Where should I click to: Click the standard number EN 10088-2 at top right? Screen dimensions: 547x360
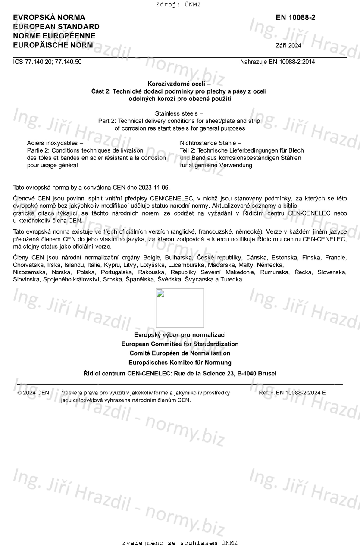(x=295, y=18)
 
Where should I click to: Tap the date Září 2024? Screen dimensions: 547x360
(x=288, y=46)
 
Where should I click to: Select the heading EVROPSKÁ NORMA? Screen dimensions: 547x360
(x=49, y=18)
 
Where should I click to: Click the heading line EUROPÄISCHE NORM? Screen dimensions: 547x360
(x=53, y=45)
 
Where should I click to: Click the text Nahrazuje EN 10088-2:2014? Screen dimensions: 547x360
(x=277, y=62)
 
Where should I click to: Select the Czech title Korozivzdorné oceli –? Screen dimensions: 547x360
(x=179, y=84)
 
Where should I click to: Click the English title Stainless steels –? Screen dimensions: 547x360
(x=179, y=113)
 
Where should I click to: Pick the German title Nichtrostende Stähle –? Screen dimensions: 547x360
(x=210, y=143)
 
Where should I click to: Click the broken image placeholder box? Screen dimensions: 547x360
(x=180, y=308)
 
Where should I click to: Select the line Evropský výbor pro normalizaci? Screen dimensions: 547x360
(x=180, y=335)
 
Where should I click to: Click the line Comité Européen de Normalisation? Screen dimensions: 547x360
(x=180, y=353)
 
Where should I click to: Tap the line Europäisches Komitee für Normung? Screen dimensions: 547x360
(x=180, y=363)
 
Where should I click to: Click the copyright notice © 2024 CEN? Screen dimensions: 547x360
(x=33, y=393)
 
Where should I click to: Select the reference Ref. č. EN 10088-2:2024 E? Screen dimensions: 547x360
(x=292, y=393)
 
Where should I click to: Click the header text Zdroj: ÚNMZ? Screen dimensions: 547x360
(x=180, y=5)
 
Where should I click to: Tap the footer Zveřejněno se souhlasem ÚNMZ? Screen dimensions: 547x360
(x=180, y=543)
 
